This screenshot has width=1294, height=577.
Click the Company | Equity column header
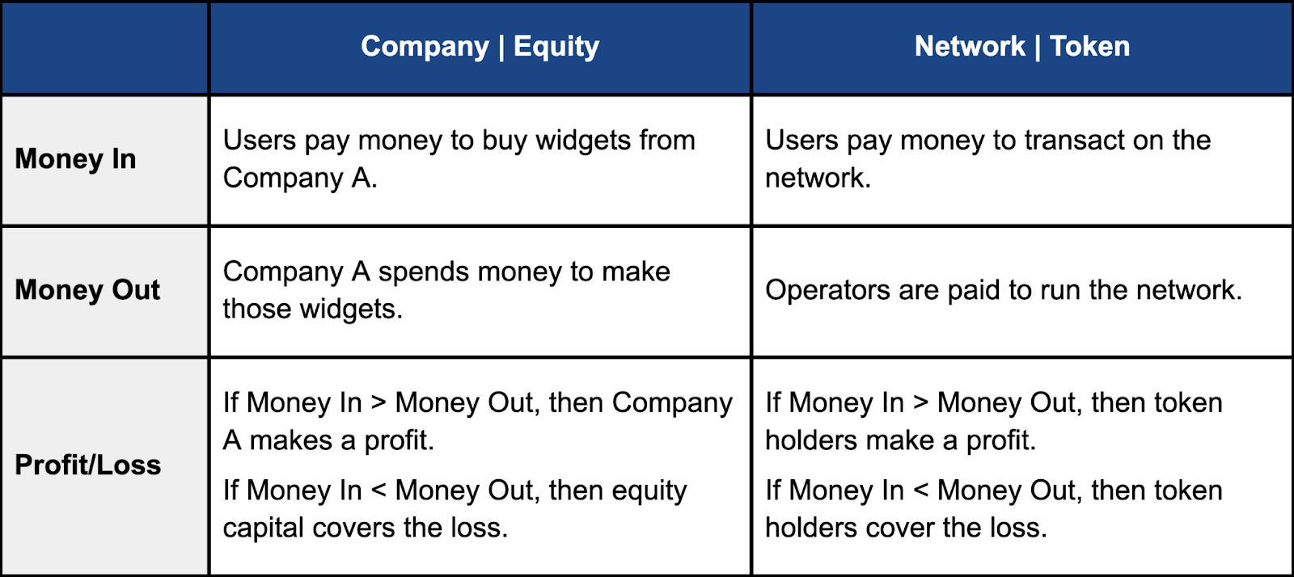(480, 47)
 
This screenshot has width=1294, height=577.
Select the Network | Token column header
(1022, 46)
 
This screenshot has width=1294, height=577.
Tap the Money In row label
(76, 159)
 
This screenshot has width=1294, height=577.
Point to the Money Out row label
(87, 289)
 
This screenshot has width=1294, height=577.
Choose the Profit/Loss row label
(88, 465)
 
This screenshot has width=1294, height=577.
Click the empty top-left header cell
(104, 48)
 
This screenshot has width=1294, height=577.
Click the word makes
(290, 440)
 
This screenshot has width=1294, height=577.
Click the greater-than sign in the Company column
(378, 402)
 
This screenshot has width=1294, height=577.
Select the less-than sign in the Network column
(921, 491)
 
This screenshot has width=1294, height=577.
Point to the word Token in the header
(1089, 46)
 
